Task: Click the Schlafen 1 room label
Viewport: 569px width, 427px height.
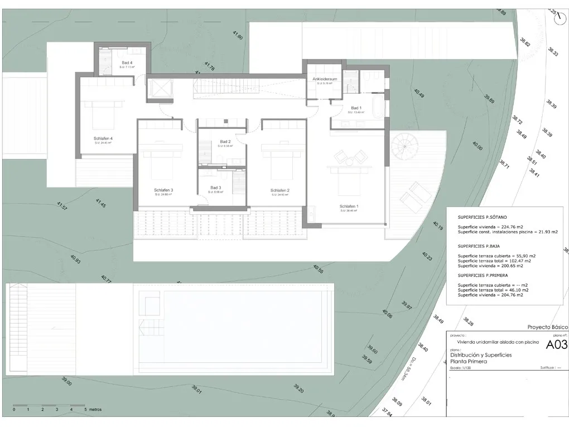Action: coord(349,207)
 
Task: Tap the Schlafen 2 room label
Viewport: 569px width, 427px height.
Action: coord(279,190)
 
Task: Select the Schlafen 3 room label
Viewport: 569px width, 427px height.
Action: coord(163,190)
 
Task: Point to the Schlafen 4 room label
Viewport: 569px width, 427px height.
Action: coord(103,138)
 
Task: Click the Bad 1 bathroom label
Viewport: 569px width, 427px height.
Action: coord(356,108)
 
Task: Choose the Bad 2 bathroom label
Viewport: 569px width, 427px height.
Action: coord(225,142)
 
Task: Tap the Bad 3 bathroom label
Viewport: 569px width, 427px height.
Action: coord(216,188)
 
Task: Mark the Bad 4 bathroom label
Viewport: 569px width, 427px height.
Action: coord(127,63)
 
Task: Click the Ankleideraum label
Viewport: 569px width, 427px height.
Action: coord(324,79)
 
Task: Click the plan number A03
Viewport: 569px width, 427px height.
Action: coord(556,345)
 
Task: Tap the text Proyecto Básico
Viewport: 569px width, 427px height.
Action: coord(547,327)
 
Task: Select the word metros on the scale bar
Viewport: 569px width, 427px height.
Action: coord(95,409)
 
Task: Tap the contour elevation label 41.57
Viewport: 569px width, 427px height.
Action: coord(61,207)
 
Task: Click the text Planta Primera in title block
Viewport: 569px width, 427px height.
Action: coord(468,362)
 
